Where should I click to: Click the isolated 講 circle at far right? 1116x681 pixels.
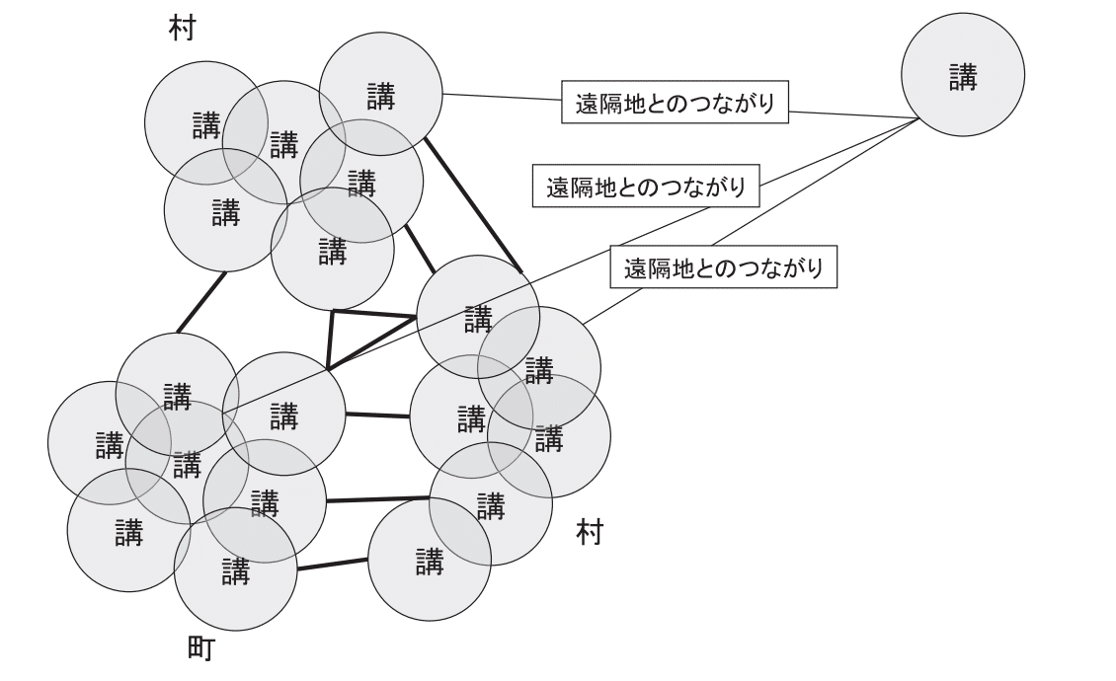[962, 75]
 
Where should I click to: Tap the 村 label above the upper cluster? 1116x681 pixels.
[182, 29]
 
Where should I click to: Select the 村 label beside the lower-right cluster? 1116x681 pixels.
[590, 532]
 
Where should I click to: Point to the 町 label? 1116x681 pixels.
[200, 648]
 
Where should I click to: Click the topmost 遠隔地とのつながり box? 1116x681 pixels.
[675, 102]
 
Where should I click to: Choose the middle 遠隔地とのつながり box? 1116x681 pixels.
[646, 186]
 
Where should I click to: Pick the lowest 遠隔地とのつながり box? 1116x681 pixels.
[723, 266]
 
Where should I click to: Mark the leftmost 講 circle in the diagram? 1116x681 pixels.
[110, 442]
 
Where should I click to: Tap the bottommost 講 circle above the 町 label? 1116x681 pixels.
[235, 569]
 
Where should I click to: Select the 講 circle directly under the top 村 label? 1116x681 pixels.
[206, 123]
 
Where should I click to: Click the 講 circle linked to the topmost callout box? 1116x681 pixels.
[381, 94]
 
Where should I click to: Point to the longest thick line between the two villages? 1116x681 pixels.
[473, 205]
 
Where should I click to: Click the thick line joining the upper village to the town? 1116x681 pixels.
[201, 302]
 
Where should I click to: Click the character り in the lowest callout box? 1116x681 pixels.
[816, 268]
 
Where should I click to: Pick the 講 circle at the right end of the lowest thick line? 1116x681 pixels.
[430, 560]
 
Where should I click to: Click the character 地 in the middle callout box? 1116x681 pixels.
[601, 188]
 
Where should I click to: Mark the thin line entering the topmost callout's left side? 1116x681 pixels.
[502, 97]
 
